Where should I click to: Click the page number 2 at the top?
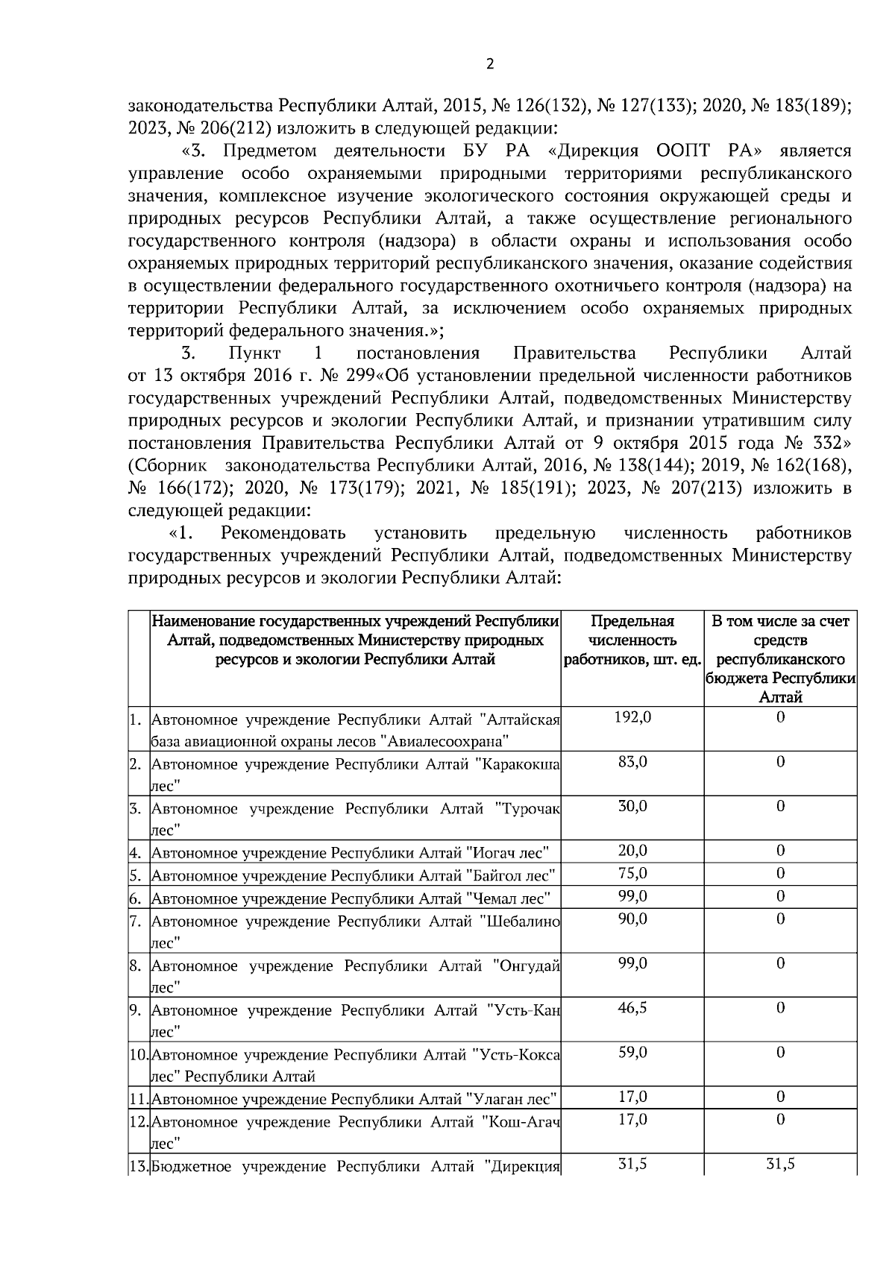click(x=489, y=65)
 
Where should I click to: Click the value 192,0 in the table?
click(x=632, y=717)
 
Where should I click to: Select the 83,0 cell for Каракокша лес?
click(x=632, y=761)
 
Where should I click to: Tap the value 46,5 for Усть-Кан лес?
click(x=632, y=1007)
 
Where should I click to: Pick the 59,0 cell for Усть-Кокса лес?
click(x=632, y=1052)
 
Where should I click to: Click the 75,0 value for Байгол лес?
click(x=632, y=873)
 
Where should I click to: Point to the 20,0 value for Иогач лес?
click(x=632, y=851)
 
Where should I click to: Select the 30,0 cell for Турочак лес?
click(x=632, y=806)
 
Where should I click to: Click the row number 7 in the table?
click(x=136, y=921)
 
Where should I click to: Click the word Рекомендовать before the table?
click(x=283, y=533)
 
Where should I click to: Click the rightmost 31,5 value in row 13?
click(x=780, y=1164)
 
